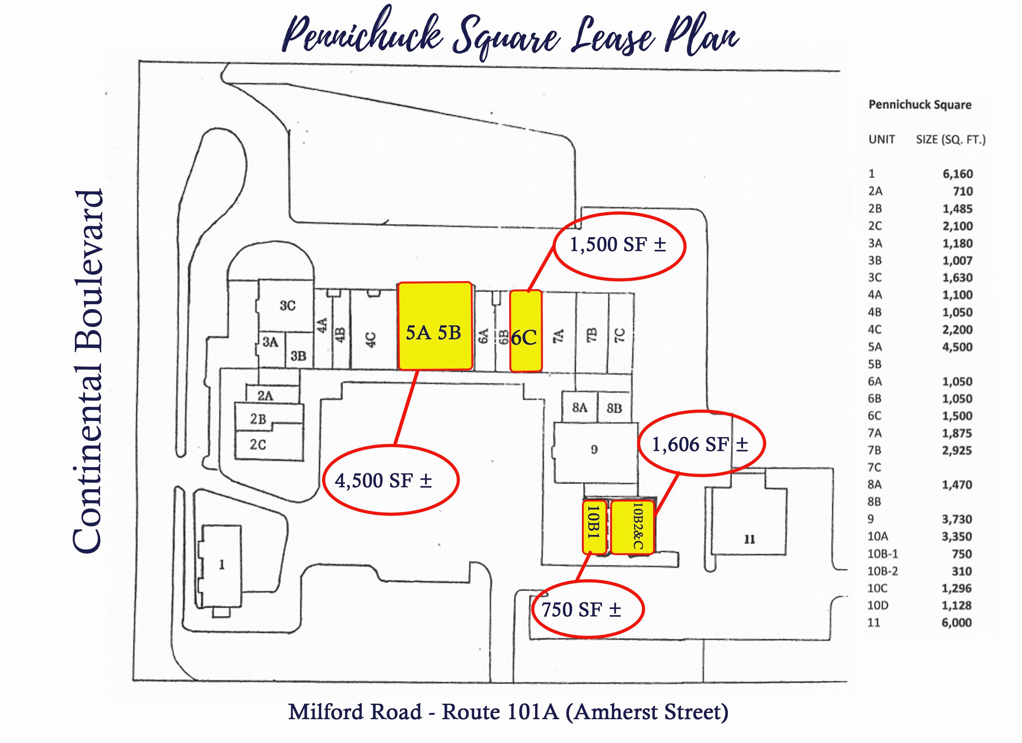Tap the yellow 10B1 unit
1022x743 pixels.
(594, 527)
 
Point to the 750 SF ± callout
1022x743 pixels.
(587, 610)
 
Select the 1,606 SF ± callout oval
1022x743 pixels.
(701, 444)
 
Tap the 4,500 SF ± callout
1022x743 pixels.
(390, 480)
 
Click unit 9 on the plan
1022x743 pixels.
(595, 450)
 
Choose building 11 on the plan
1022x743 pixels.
(749, 539)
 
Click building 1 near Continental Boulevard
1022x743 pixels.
(221, 565)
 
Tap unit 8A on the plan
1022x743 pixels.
(580, 408)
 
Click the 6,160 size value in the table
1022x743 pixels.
(957, 174)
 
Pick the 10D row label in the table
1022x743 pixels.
(878, 606)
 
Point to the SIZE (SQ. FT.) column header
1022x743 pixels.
(950, 140)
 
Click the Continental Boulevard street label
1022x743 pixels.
(88, 372)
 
